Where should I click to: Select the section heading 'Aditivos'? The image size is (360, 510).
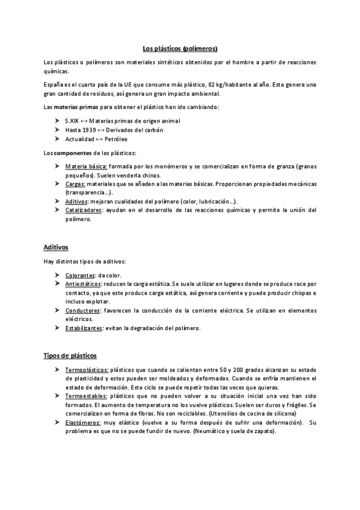[56, 247]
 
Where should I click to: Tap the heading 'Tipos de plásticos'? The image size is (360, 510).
[70, 355]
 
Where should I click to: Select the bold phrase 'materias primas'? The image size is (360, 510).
[78, 107]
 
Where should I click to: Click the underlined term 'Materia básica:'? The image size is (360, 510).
[87, 166]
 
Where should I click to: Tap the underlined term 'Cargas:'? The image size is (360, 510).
[75, 183]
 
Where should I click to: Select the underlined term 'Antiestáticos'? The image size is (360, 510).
[83, 283]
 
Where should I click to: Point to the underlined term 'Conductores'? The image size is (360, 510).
[82, 310]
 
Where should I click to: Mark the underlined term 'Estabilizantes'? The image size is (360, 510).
[84, 328]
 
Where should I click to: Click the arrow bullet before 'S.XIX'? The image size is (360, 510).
[56, 121]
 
